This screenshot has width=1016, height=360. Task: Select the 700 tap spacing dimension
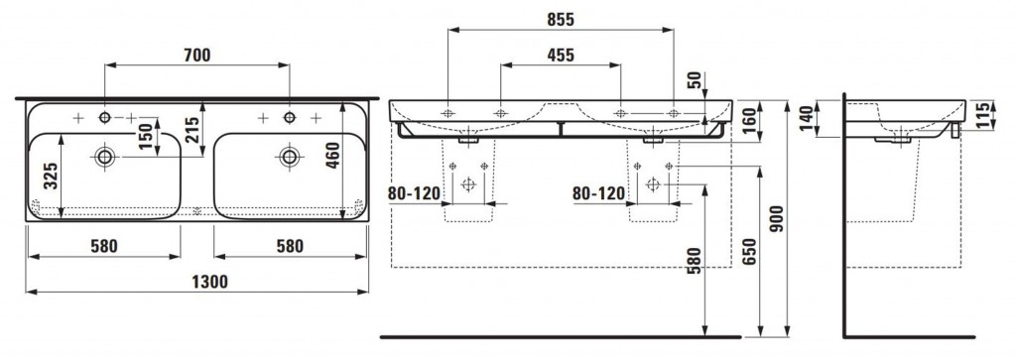197,56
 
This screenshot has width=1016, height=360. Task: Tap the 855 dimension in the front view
561,20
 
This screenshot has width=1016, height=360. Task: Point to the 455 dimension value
561,56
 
